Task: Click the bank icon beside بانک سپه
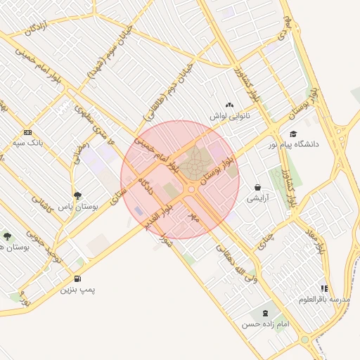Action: [x=27, y=132]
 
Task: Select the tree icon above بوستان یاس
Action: [x=77, y=196]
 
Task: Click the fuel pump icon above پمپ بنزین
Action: [x=77, y=278]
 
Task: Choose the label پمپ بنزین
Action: [x=77, y=289]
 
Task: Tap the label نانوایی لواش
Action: [x=229, y=114]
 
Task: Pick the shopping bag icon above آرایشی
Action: [x=258, y=188]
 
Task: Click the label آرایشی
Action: [x=258, y=198]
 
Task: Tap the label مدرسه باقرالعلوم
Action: [x=323, y=299]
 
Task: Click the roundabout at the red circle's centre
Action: [x=191, y=189]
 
